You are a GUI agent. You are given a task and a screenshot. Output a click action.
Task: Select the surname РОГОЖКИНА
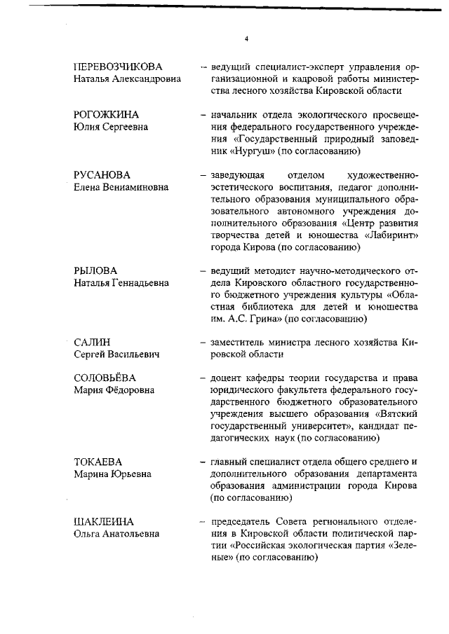(x=106, y=114)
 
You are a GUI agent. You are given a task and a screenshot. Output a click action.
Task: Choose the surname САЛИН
(x=92, y=342)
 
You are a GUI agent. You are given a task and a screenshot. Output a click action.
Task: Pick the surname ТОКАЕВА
(x=98, y=462)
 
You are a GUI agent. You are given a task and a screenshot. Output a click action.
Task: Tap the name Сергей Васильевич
(x=116, y=354)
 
